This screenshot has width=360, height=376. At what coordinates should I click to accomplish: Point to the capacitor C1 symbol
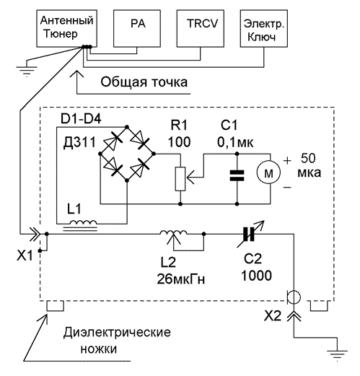click(x=237, y=175)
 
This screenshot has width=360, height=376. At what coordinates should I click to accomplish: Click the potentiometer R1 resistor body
click(x=180, y=179)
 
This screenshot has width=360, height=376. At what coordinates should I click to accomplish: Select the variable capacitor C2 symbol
click(x=249, y=234)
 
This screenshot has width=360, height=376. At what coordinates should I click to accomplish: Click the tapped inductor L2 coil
click(x=173, y=233)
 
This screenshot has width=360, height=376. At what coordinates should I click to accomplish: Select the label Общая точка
click(x=144, y=82)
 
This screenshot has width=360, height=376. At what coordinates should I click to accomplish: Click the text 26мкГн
click(x=181, y=279)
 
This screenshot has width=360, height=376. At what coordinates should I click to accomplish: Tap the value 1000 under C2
click(x=256, y=276)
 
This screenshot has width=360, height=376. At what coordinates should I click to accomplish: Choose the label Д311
click(x=79, y=142)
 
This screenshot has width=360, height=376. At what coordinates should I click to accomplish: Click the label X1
click(x=25, y=255)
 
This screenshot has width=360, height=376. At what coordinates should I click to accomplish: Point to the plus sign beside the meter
click(x=287, y=160)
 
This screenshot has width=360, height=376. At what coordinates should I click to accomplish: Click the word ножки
click(x=99, y=349)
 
